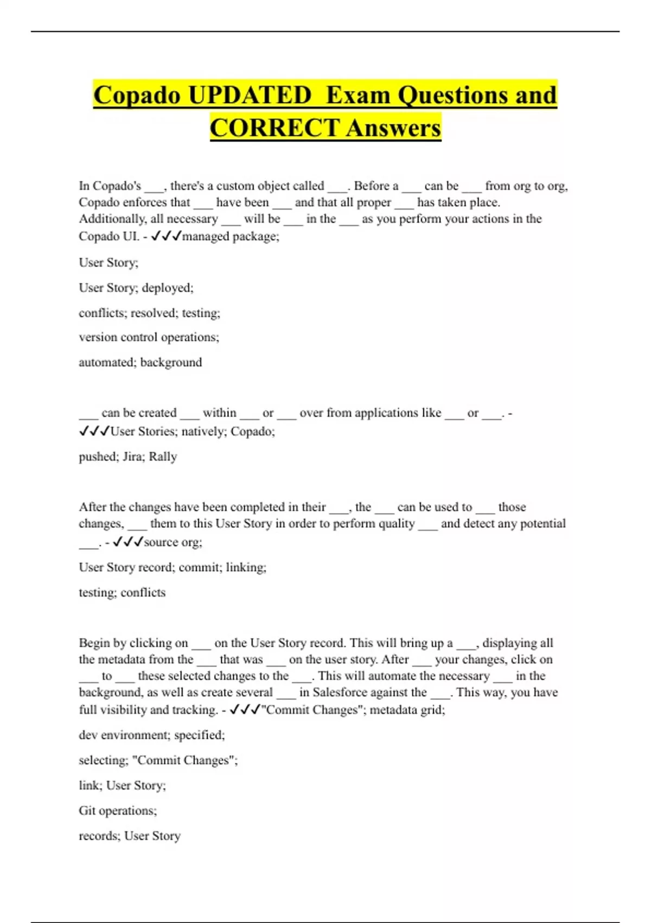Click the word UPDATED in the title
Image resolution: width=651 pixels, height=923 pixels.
click(x=250, y=96)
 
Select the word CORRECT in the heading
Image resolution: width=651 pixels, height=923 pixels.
click(x=275, y=129)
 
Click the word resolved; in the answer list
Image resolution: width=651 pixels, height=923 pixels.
click(x=154, y=313)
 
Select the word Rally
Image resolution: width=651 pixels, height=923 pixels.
click(x=163, y=457)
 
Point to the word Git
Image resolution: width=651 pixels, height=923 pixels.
click(x=88, y=811)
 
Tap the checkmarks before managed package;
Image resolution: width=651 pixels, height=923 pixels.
click(x=166, y=236)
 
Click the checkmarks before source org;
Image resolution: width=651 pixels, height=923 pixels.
click(x=128, y=542)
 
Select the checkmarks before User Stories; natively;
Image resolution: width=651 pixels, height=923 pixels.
click(x=94, y=432)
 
